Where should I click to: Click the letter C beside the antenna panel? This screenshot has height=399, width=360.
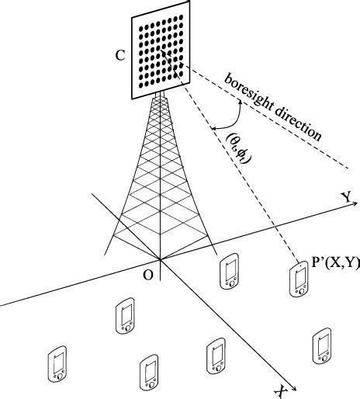coord(118,56)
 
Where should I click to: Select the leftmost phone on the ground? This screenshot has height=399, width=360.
coord(58,365)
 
